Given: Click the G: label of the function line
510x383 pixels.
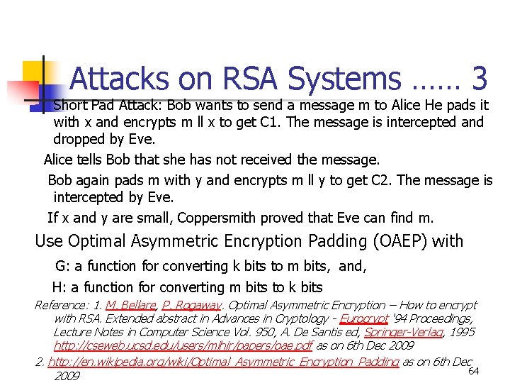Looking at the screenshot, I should click(62, 267).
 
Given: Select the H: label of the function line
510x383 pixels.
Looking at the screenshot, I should click(60, 287).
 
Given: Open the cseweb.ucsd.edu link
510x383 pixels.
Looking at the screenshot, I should click(183, 347).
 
